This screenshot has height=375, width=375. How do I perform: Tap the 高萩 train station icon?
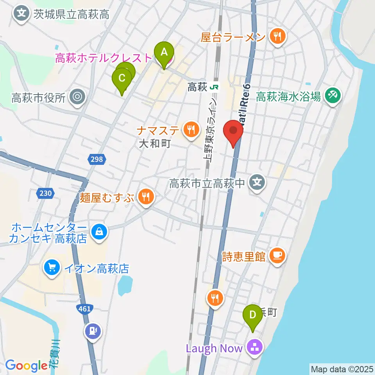coord(213,87)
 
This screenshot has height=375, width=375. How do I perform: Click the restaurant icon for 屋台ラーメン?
coord(278,37)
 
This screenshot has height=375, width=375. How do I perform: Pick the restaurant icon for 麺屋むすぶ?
coord(146,196)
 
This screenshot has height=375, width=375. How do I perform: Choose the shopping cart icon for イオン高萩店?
coord(52,268)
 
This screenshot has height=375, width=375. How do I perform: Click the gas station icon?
coord(92,331)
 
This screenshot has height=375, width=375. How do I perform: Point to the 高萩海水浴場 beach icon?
coord(332,95)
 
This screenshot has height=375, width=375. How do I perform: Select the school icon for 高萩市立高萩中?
coord(257,182)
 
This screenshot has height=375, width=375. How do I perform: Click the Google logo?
coord(26,366)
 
